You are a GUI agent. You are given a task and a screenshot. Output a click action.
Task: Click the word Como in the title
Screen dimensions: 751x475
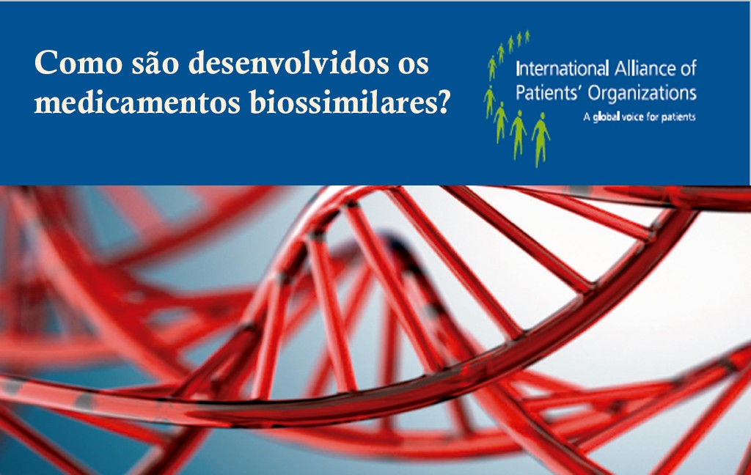78,63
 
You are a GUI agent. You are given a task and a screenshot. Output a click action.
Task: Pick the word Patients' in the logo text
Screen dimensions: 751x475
550,92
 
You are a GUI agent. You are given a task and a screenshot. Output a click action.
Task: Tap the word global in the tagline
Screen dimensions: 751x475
607,117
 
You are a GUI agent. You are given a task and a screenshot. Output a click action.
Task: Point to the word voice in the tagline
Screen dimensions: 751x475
633,117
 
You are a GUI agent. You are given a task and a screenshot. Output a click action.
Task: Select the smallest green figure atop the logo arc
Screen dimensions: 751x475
527,37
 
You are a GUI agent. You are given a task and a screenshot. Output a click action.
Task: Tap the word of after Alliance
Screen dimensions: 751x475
688,68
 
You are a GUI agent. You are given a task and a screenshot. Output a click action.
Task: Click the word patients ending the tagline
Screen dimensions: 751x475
678,117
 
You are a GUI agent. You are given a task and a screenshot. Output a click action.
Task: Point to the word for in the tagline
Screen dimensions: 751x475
652,117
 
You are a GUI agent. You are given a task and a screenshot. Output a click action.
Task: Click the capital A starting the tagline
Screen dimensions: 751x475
587,117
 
